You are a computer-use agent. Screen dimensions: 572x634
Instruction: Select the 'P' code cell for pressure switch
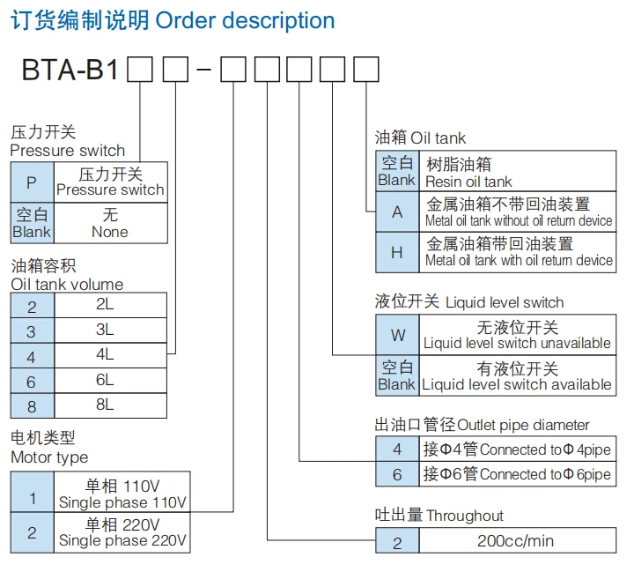[x=32, y=182]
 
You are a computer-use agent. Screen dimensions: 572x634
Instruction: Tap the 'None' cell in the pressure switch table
[x=110, y=224]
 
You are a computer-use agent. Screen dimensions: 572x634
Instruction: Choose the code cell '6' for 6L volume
[x=32, y=381]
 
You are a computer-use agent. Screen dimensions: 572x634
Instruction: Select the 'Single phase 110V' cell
[x=122, y=494]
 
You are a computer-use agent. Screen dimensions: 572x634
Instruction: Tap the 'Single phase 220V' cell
[x=122, y=533]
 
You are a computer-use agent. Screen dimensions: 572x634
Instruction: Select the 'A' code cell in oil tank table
[x=397, y=212]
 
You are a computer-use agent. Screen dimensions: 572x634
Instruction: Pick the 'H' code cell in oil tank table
[x=397, y=252]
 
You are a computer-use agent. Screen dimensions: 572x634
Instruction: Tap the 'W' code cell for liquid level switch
[x=397, y=336]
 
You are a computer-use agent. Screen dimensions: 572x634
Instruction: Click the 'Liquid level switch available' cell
[x=517, y=376]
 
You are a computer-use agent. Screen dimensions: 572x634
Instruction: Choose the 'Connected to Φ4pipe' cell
[x=517, y=449]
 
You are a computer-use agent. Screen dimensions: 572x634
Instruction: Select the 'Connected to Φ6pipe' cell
[x=517, y=474]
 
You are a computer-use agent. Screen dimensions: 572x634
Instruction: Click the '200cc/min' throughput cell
[x=516, y=541]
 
